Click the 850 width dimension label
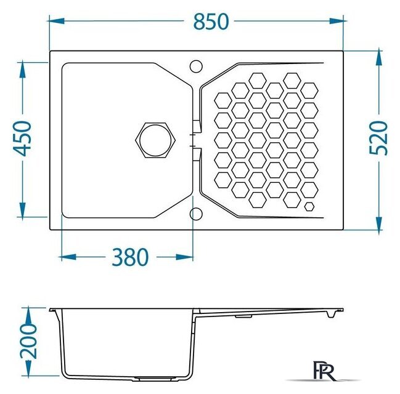pos(211,22)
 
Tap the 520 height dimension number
pos(378,138)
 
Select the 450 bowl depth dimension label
pos(22,139)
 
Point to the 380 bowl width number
pos(130,257)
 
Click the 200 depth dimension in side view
pos(28,341)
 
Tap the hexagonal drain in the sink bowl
pos(155,140)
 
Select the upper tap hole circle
pos(196,66)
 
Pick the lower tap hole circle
pos(196,214)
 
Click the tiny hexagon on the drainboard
pos(309,206)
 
